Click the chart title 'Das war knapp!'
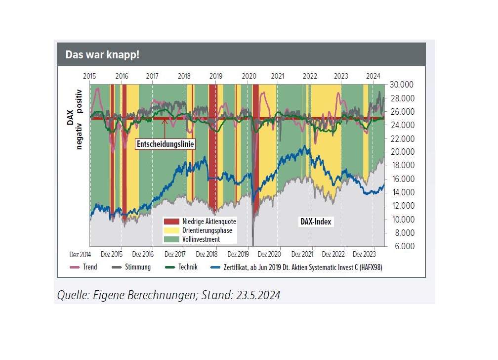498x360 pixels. click(103, 54)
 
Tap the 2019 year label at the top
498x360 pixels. click(216, 76)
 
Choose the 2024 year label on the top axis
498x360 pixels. click(373, 76)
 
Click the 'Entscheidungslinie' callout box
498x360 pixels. click(165, 144)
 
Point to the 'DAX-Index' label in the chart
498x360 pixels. click(316, 222)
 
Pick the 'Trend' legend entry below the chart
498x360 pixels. click(90, 267)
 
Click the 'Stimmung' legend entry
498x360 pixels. click(137, 267)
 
